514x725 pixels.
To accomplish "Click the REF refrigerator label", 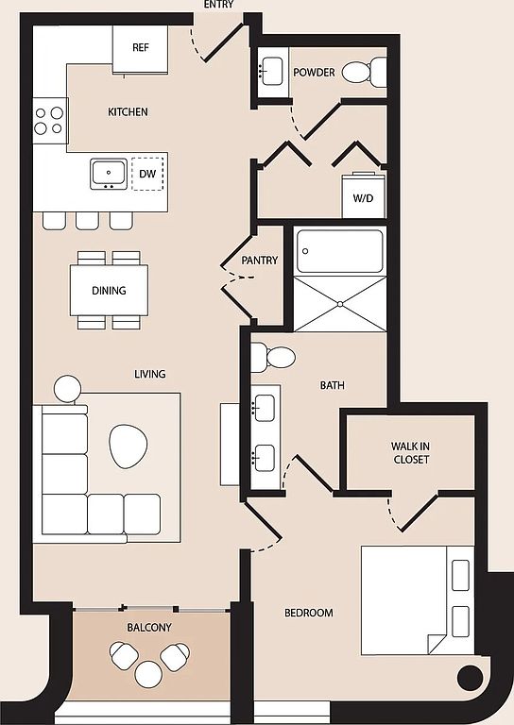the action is pyautogui.click(x=141, y=47).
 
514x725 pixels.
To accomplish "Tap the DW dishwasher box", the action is pyautogui.click(x=147, y=174).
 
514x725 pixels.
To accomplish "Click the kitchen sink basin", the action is pyautogui.click(x=109, y=174).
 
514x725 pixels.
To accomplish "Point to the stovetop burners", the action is pyautogui.click(x=50, y=120).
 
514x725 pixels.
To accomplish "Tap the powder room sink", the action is pyautogui.click(x=270, y=71).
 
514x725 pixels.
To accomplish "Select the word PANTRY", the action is pyautogui.click(x=260, y=261).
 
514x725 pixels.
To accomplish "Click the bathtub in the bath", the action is pyautogui.click(x=340, y=251).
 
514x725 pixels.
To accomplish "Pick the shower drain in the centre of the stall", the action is pyautogui.click(x=340, y=304).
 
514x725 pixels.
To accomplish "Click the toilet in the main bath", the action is pyautogui.click(x=273, y=358).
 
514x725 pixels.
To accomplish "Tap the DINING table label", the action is pyautogui.click(x=110, y=291).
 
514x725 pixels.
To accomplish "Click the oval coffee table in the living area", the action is pyautogui.click(x=128, y=446).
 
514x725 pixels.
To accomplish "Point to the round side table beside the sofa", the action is pyautogui.click(x=67, y=388).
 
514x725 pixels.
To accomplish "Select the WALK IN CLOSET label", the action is pyautogui.click(x=410, y=453).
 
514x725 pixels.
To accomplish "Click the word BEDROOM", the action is pyautogui.click(x=309, y=613).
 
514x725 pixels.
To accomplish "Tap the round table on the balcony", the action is pyautogui.click(x=148, y=674).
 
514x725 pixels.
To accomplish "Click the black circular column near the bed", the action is pyautogui.click(x=470, y=678).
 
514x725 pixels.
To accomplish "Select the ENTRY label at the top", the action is pyautogui.click(x=218, y=5).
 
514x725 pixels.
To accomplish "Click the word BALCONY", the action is pyautogui.click(x=149, y=628).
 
